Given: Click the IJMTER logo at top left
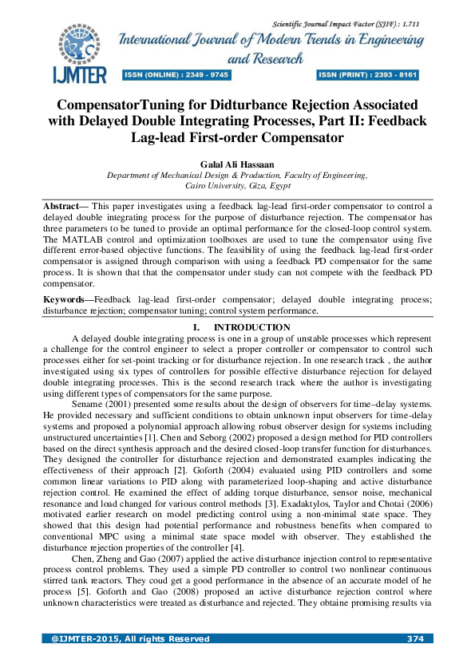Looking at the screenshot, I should [x=81, y=50].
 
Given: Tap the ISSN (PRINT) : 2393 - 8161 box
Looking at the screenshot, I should [x=368, y=74].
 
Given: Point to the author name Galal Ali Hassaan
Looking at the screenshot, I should [x=237, y=164].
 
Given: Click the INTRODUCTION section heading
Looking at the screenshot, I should [x=251, y=327].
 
